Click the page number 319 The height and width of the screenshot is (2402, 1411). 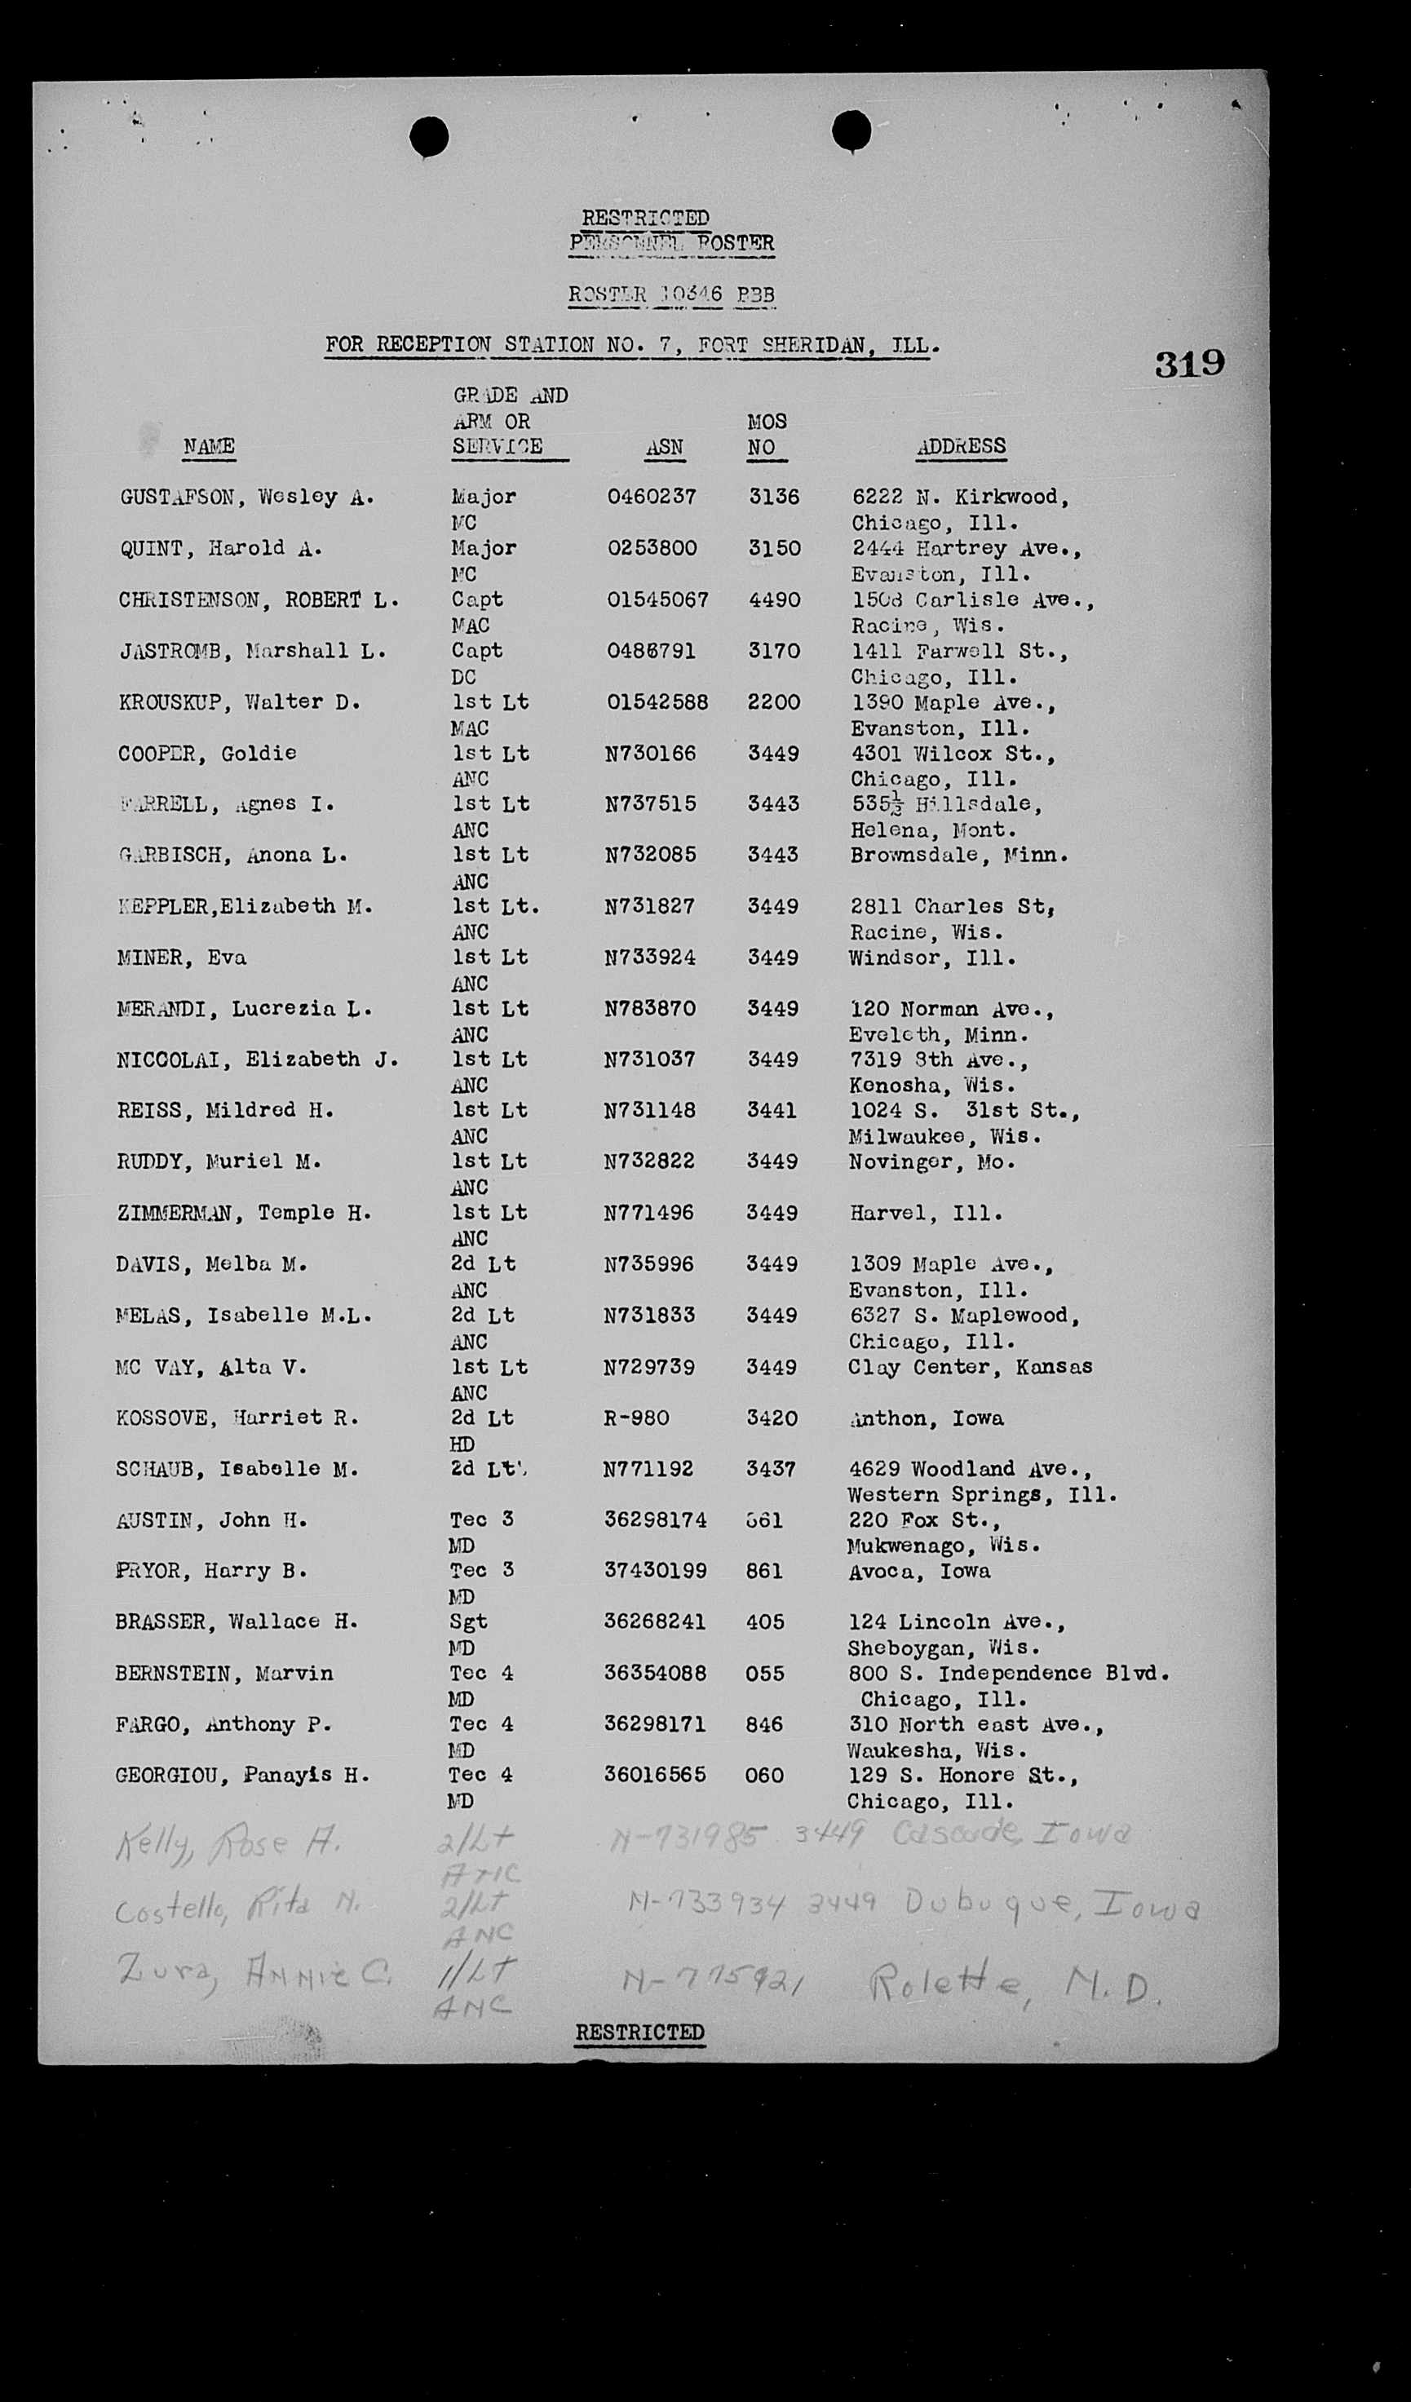click(x=1190, y=363)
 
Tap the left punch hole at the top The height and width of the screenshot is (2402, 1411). click(x=429, y=137)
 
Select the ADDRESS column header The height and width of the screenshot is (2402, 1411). click(x=960, y=446)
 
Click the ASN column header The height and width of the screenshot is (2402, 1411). click(x=664, y=447)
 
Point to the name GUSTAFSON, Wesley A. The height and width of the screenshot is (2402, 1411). click(x=247, y=497)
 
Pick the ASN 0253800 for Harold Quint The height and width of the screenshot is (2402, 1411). click(x=652, y=548)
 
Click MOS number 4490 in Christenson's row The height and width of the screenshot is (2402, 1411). click(x=773, y=599)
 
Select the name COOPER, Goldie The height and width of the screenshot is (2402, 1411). click(x=207, y=753)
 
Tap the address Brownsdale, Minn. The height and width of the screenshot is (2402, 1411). click(x=959, y=855)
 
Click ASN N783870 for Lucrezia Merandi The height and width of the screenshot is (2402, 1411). click(x=649, y=1008)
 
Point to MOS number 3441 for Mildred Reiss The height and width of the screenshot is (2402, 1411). click(x=772, y=1110)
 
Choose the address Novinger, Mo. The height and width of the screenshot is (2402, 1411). click(x=919, y=1162)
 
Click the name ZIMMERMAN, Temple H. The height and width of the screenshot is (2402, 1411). click(x=244, y=1214)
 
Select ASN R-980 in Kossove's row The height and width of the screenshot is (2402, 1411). click(x=636, y=1418)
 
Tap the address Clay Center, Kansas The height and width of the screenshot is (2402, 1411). click(x=970, y=1367)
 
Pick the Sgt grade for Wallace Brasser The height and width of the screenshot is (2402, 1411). click(x=468, y=1621)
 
